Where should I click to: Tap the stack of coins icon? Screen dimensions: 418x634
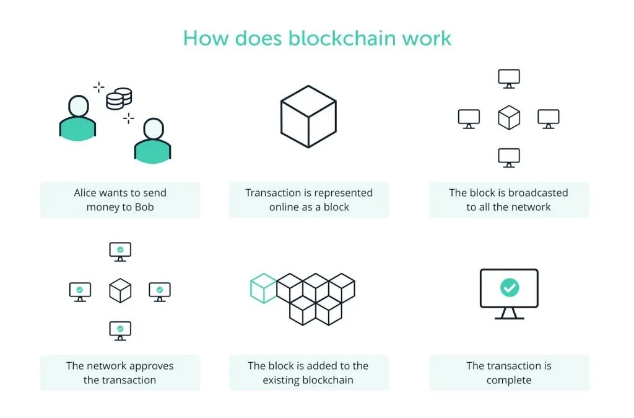(119, 98)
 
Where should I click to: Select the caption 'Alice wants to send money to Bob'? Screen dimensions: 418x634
(120, 200)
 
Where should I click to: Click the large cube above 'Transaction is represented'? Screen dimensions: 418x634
(308, 116)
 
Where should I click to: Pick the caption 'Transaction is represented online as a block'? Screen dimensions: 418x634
(309, 200)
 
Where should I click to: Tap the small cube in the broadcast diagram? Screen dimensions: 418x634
(509, 117)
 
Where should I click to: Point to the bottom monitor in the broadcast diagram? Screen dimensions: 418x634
(509, 158)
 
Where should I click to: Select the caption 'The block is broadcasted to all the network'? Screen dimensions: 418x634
(509, 200)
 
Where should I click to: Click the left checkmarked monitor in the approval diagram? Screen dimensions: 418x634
(80, 291)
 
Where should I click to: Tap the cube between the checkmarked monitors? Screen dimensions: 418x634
(120, 290)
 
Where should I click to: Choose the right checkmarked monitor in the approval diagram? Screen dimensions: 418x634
(160, 291)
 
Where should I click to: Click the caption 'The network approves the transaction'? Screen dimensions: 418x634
(120, 373)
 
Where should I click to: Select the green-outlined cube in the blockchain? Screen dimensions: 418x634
(263, 288)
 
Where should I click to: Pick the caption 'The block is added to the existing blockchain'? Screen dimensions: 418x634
(308, 373)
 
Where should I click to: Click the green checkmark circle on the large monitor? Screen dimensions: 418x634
(510, 288)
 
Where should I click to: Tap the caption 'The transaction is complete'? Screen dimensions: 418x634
(509, 373)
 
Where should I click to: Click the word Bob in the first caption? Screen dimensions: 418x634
(144, 207)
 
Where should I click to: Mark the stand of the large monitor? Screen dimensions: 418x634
(510, 314)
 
